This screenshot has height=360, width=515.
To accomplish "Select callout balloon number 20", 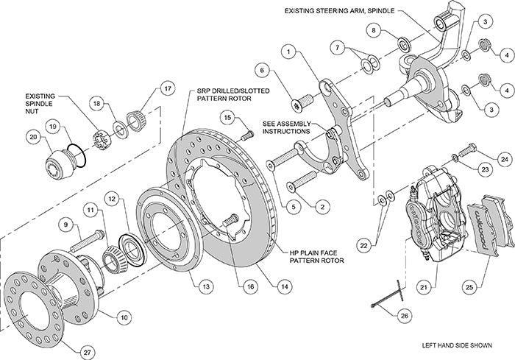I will pos(32,135).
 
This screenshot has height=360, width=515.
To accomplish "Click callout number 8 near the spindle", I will pos(374,30).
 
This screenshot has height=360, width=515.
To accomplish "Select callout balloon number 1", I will pos(291,52).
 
